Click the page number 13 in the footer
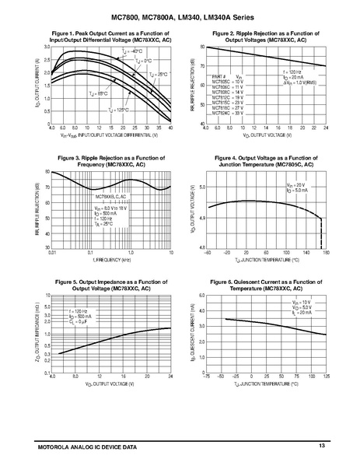pos(320,444)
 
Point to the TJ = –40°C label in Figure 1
pos(114,51)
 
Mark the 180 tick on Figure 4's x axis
pos(325,252)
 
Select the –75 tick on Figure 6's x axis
pos(206,377)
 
